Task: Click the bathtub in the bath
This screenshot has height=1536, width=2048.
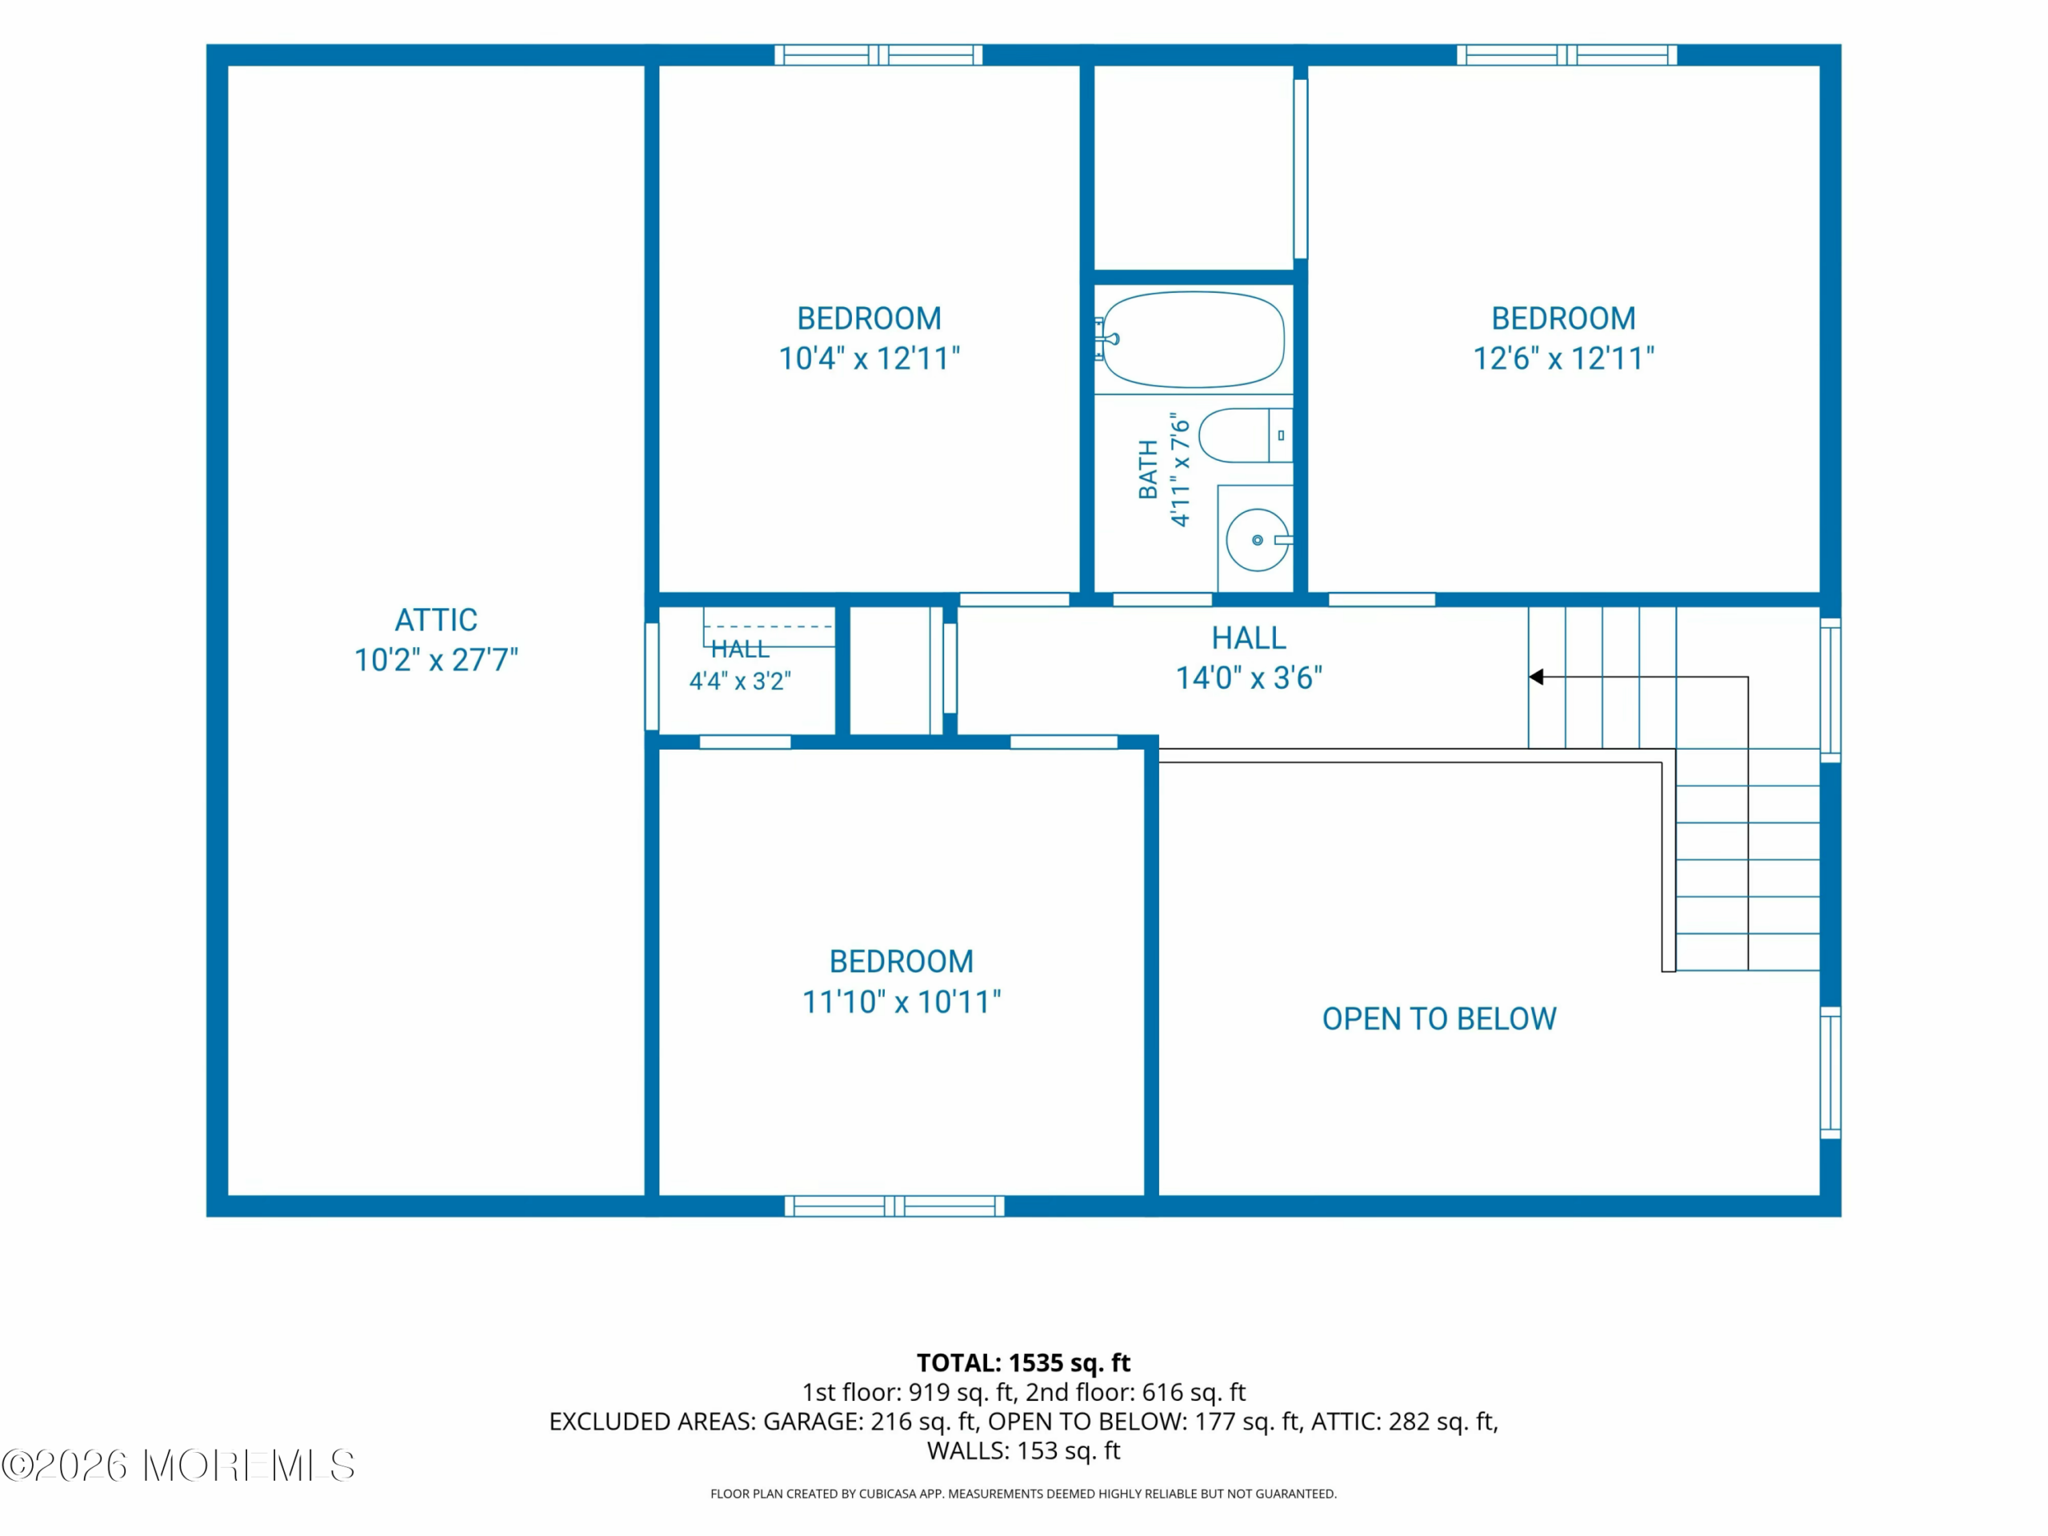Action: click(x=1193, y=340)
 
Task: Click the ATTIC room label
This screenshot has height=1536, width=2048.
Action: click(x=436, y=619)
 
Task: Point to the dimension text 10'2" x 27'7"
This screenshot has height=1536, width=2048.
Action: click(x=436, y=660)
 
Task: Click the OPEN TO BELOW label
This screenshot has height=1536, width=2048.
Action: click(x=1438, y=1019)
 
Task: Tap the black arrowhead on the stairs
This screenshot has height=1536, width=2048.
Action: click(x=1536, y=677)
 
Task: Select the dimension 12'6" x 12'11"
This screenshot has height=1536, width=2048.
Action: click(x=1564, y=358)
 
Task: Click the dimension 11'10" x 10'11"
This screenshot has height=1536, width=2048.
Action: click(x=902, y=1002)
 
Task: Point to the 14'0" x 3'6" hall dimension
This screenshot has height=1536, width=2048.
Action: click(x=1249, y=678)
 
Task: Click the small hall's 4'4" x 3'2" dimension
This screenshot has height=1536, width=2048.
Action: click(x=740, y=682)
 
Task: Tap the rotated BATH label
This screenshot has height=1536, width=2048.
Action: click(x=1148, y=470)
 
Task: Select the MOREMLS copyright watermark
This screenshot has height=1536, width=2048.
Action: click(x=178, y=1466)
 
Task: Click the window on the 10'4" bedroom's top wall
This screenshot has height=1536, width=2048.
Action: click(x=878, y=54)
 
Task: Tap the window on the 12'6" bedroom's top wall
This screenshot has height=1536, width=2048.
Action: click(x=1566, y=54)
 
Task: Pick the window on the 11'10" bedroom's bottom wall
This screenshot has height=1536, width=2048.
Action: click(x=894, y=1206)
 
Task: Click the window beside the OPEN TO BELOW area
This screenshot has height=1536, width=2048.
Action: click(x=1830, y=1071)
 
